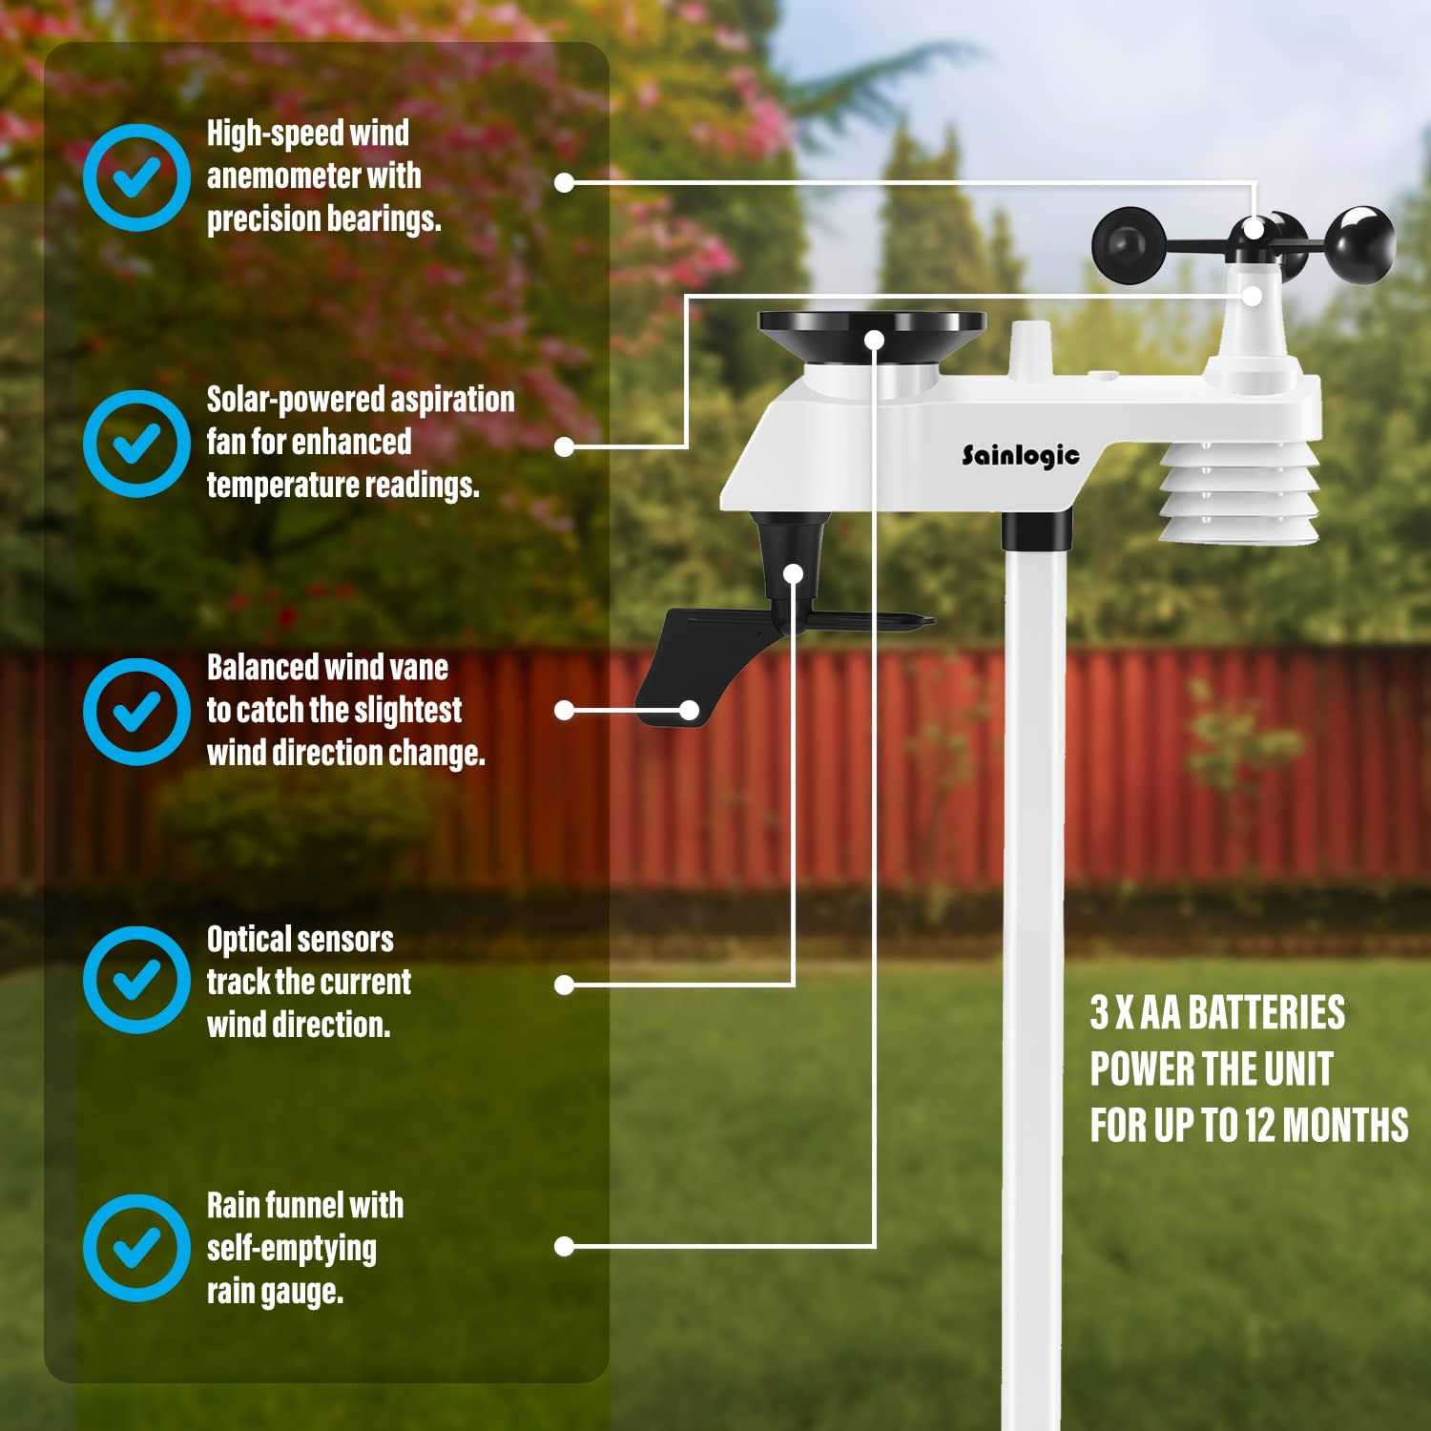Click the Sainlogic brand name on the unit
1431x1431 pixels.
click(1020, 455)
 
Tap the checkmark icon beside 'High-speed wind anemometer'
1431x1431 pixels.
click(136, 176)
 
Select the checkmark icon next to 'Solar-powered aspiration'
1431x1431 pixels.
click(136, 443)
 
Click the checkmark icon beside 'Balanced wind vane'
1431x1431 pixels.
click(136, 711)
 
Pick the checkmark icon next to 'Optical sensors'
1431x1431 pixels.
click(136, 979)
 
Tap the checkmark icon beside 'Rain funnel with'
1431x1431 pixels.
click(136, 1247)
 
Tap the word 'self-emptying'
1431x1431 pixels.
click(292, 1248)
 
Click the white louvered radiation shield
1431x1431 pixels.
click(1239, 496)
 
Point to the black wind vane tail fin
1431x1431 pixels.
click(673, 668)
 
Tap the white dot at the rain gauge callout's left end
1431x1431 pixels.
click(564, 1246)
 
